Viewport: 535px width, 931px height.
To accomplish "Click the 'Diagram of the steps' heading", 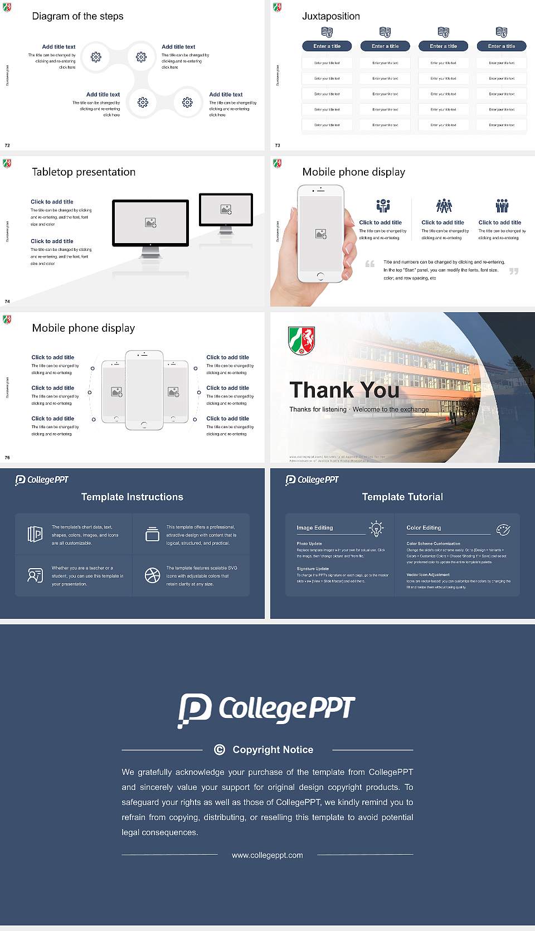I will tap(77, 16).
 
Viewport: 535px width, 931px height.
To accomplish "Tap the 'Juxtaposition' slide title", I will tap(330, 16).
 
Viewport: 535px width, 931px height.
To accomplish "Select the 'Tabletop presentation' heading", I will tap(84, 172).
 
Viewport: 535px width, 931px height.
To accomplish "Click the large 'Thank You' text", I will tap(344, 390).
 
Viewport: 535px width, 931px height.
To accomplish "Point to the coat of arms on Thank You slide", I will tap(301, 341).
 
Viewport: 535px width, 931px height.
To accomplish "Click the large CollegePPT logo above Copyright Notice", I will tap(266, 710).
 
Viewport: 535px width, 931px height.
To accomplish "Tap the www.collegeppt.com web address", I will tap(267, 855).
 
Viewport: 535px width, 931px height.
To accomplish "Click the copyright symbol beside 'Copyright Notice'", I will tap(220, 750).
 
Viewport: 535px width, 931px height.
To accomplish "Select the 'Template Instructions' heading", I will tap(132, 497).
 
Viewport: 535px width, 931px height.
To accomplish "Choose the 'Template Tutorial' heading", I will tap(402, 497).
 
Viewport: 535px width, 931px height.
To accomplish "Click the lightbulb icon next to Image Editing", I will tap(377, 528).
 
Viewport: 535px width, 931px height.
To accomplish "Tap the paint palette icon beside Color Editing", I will tap(503, 529).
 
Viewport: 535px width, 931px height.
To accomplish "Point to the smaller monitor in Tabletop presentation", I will tap(226, 210).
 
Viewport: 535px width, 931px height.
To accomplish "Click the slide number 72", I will tap(7, 146).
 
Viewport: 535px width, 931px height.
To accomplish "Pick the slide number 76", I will tap(7, 458).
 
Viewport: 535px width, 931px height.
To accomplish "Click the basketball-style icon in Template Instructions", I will tap(152, 575).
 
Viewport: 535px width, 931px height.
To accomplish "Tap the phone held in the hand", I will tap(320, 234).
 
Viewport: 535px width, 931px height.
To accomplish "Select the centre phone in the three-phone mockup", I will tap(144, 390).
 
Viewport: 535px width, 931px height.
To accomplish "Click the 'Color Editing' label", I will tap(424, 528).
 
